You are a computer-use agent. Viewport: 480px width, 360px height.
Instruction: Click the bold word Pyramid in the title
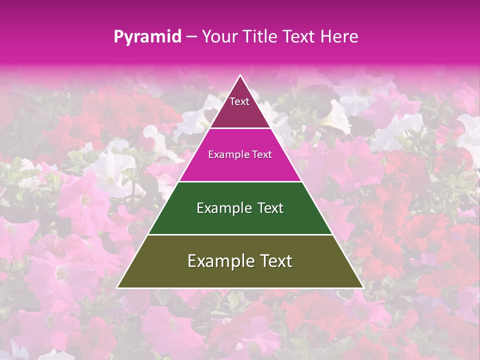click(147, 37)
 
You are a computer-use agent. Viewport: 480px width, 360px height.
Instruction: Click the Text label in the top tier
click(239, 101)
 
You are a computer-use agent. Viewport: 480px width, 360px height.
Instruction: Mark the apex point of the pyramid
click(240, 75)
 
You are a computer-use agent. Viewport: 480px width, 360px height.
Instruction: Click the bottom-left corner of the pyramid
click(117, 287)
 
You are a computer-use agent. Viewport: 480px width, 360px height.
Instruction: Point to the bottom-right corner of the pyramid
click(363, 287)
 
